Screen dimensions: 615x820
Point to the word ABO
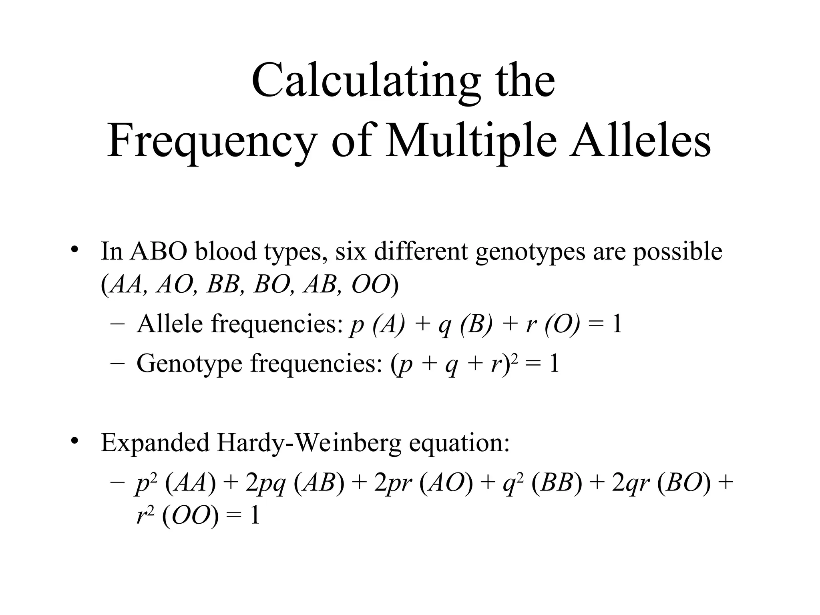(x=159, y=251)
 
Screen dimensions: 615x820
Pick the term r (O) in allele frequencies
(x=553, y=324)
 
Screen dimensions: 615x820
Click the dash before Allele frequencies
(x=117, y=324)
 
